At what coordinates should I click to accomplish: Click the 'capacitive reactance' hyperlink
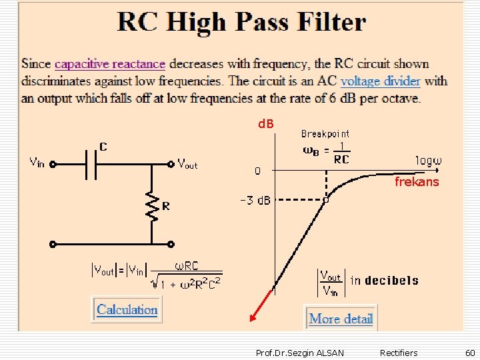(x=110, y=64)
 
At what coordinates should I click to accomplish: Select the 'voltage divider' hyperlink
(x=380, y=81)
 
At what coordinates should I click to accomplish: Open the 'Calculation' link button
(x=127, y=309)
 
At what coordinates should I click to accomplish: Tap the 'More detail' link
(x=341, y=319)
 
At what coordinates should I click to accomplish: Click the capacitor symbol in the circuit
(x=91, y=162)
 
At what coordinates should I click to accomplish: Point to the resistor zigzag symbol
(x=153, y=207)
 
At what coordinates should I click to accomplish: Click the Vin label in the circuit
(x=37, y=162)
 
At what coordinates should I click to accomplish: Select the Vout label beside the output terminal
(x=187, y=163)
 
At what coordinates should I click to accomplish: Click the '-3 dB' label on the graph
(x=255, y=201)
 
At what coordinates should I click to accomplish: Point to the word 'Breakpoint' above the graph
(x=325, y=134)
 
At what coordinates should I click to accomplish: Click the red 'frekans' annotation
(x=417, y=181)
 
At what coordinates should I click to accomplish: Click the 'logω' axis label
(x=429, y=161)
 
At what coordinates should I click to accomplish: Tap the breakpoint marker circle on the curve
(x=326, y=199)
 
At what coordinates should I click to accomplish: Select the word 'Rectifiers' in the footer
(x=399, y=353)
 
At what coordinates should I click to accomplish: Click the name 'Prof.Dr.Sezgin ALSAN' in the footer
(x=300, y=353)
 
